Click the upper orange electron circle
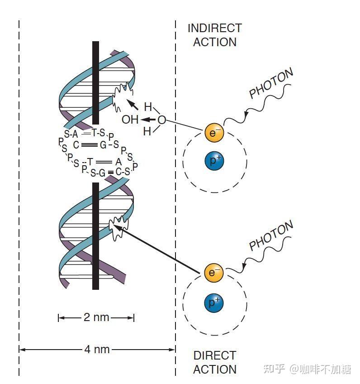pyautogui.click(x=214, y=133)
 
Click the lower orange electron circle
pyautogui.click(x=214, y=273)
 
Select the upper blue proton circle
pyautogui.click(x=214, y=161)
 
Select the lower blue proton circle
pyautogui.click(x=214, y=302)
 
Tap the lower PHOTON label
pyautogui.click(x=271, y=235)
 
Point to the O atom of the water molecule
pyautogui.click(x=161, y=120)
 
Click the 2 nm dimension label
pyautogui.click(x=96, y=317)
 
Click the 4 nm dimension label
pyautogui.click(x=97, y=350)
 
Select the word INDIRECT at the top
pyautogui.click(x=214, y=28)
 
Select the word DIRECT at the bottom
pyautogui.click(x=214, y=355)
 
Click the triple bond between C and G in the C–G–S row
pyautogui.click(x=90, y=145)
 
